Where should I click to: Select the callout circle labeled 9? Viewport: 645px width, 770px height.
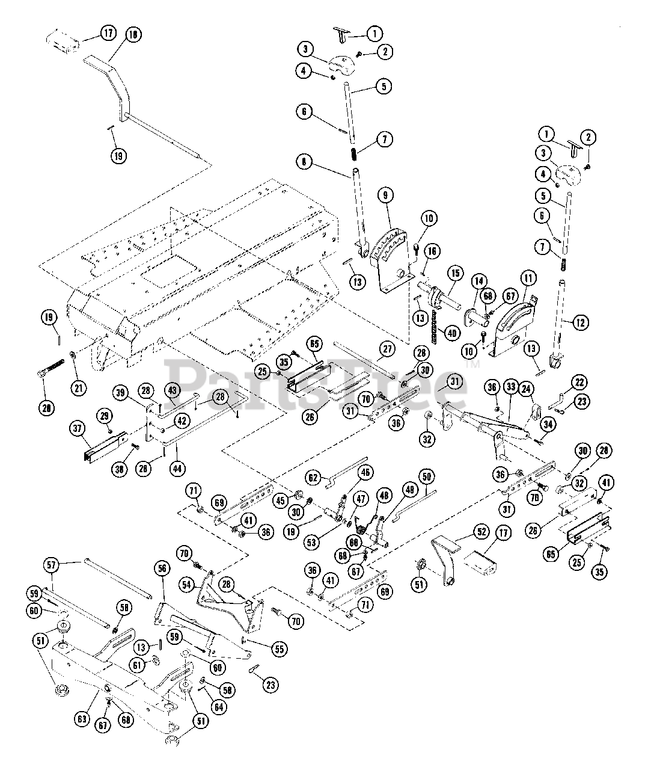pyautogui.click(x=385, y=195)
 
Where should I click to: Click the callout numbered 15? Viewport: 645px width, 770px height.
pyautogui.click(x=454, y=274)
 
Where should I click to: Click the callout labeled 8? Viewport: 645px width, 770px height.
pyautogui.click(x=304, y=162)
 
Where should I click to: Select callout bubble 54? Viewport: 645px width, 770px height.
pyautogui.click(x=188, y=584)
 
